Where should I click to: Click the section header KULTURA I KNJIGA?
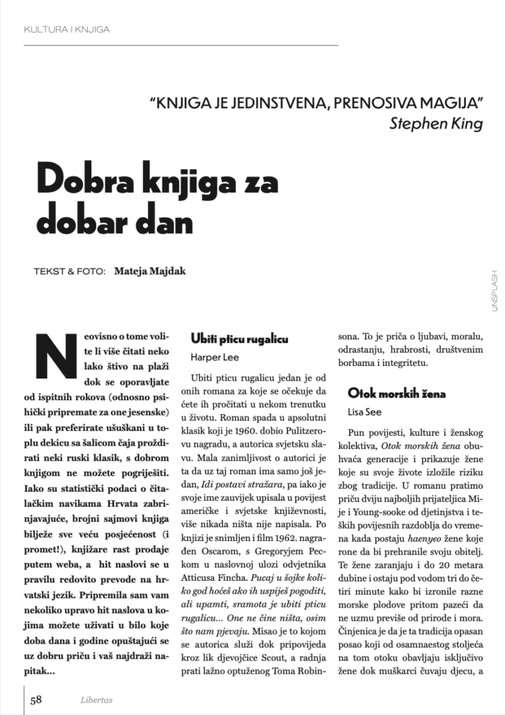click(x=66, y=29)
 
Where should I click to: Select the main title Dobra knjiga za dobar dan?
click(x=157, y=202)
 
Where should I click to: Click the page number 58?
click(x=36, y=700)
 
